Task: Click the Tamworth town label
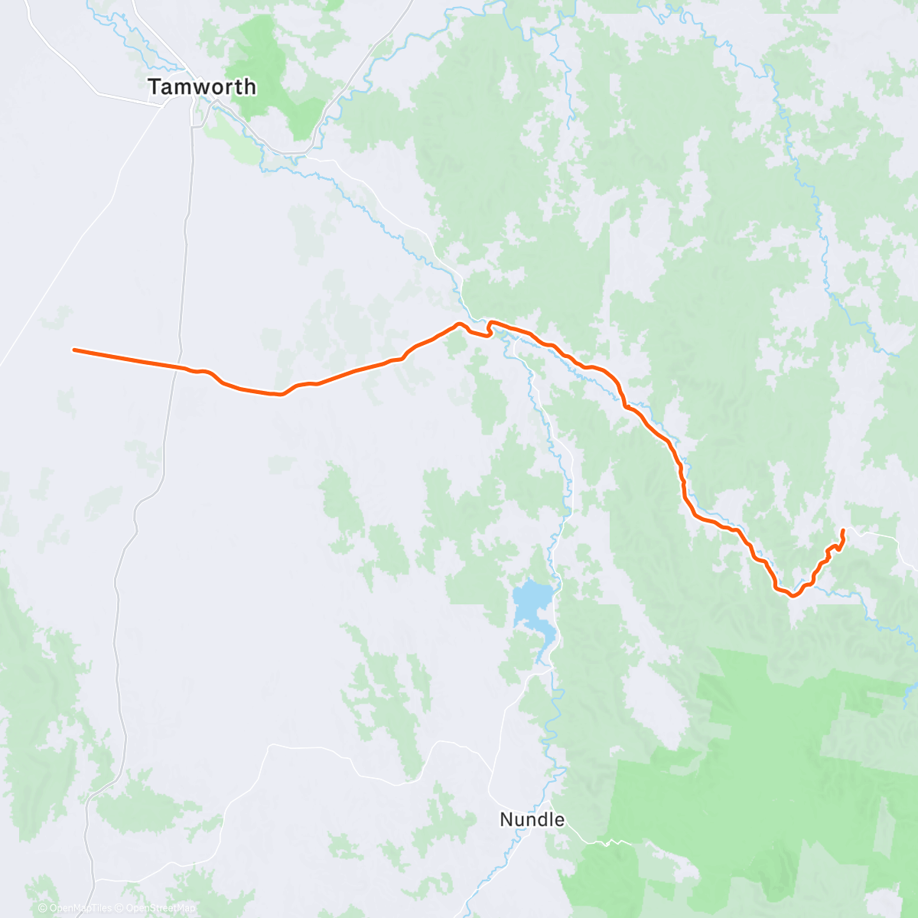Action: [202, 87]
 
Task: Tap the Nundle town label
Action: [532, 820]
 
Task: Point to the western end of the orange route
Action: [74, 350]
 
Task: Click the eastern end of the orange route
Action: [843, 530]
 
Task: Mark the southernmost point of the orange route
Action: [793, 597]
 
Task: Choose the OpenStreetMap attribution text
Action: [160, 908]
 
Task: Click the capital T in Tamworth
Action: [155, 87]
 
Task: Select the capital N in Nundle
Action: [506, 820]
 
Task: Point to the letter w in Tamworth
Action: [203, 88]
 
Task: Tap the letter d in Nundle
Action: [539, 820]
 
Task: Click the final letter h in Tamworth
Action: [250, 87]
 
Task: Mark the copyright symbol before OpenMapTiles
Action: [42, 908]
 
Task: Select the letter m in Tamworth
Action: [184, 88]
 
